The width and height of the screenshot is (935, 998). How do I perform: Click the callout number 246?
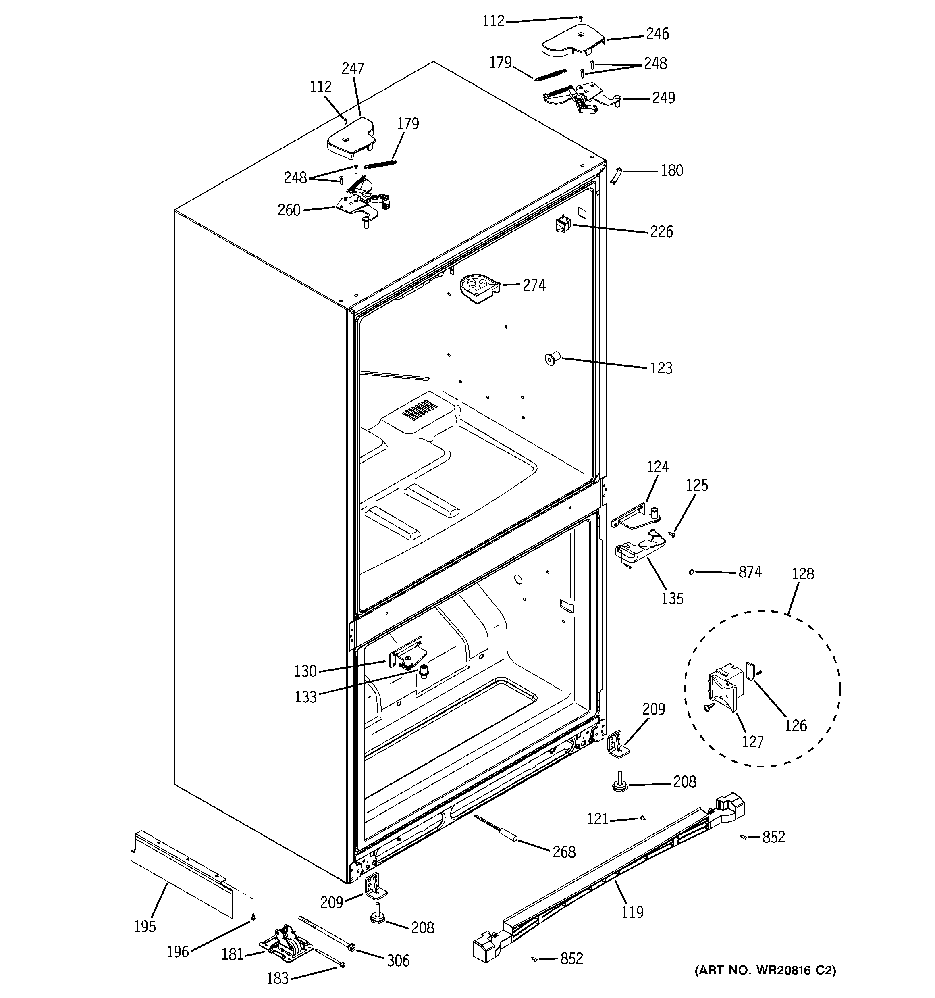click(657, 34)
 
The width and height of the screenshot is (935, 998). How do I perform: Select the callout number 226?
click(661, 232)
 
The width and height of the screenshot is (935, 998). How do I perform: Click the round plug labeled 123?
click(552, 359)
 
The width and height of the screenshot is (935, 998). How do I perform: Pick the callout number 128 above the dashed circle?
click(802, 574)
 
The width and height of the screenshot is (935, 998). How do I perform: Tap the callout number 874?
click(750, 572)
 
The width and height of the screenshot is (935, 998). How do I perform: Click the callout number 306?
click(398, 961)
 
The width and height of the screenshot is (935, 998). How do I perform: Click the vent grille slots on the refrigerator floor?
click(420, 409)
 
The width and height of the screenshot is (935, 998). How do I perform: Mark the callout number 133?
click(305, 697)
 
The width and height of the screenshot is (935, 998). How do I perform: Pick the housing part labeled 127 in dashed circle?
click(723, 689)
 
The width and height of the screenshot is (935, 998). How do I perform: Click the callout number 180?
click(671, 171)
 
